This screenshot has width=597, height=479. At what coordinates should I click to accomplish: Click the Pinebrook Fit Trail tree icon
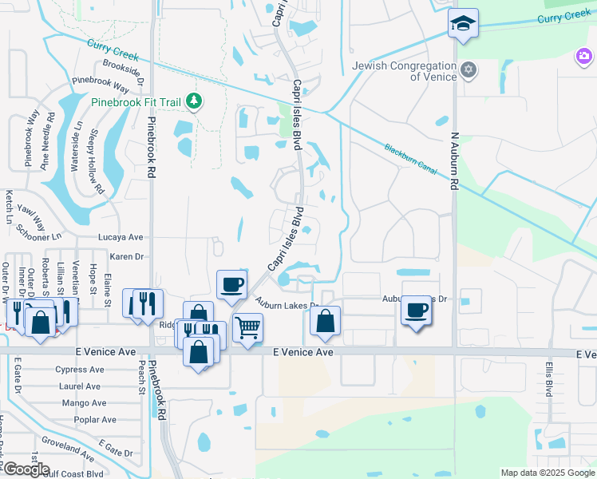(193, 101)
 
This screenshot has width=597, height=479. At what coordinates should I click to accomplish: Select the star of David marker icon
(469, 70)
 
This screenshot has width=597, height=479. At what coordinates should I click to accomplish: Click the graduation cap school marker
(462, 25)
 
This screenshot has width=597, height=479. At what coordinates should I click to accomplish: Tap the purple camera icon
(584, 56)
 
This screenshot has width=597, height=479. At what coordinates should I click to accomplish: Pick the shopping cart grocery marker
(247, 327)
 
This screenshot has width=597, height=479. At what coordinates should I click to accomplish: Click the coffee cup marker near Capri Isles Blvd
(231, 284)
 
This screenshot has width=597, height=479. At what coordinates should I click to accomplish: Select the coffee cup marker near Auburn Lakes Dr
(415, 309)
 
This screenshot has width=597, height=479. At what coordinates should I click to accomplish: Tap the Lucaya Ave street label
(120, 237)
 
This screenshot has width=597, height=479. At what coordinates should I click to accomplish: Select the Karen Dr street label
(126, 257)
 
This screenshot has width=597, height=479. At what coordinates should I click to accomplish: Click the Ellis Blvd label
(549, 378)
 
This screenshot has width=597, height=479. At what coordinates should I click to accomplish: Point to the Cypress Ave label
(80, 370)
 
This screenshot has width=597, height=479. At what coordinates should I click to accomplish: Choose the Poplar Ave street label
(95, 420)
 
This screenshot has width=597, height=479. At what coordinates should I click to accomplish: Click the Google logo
(26, 469)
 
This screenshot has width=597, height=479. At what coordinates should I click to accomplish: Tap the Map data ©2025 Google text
(546, 473)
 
